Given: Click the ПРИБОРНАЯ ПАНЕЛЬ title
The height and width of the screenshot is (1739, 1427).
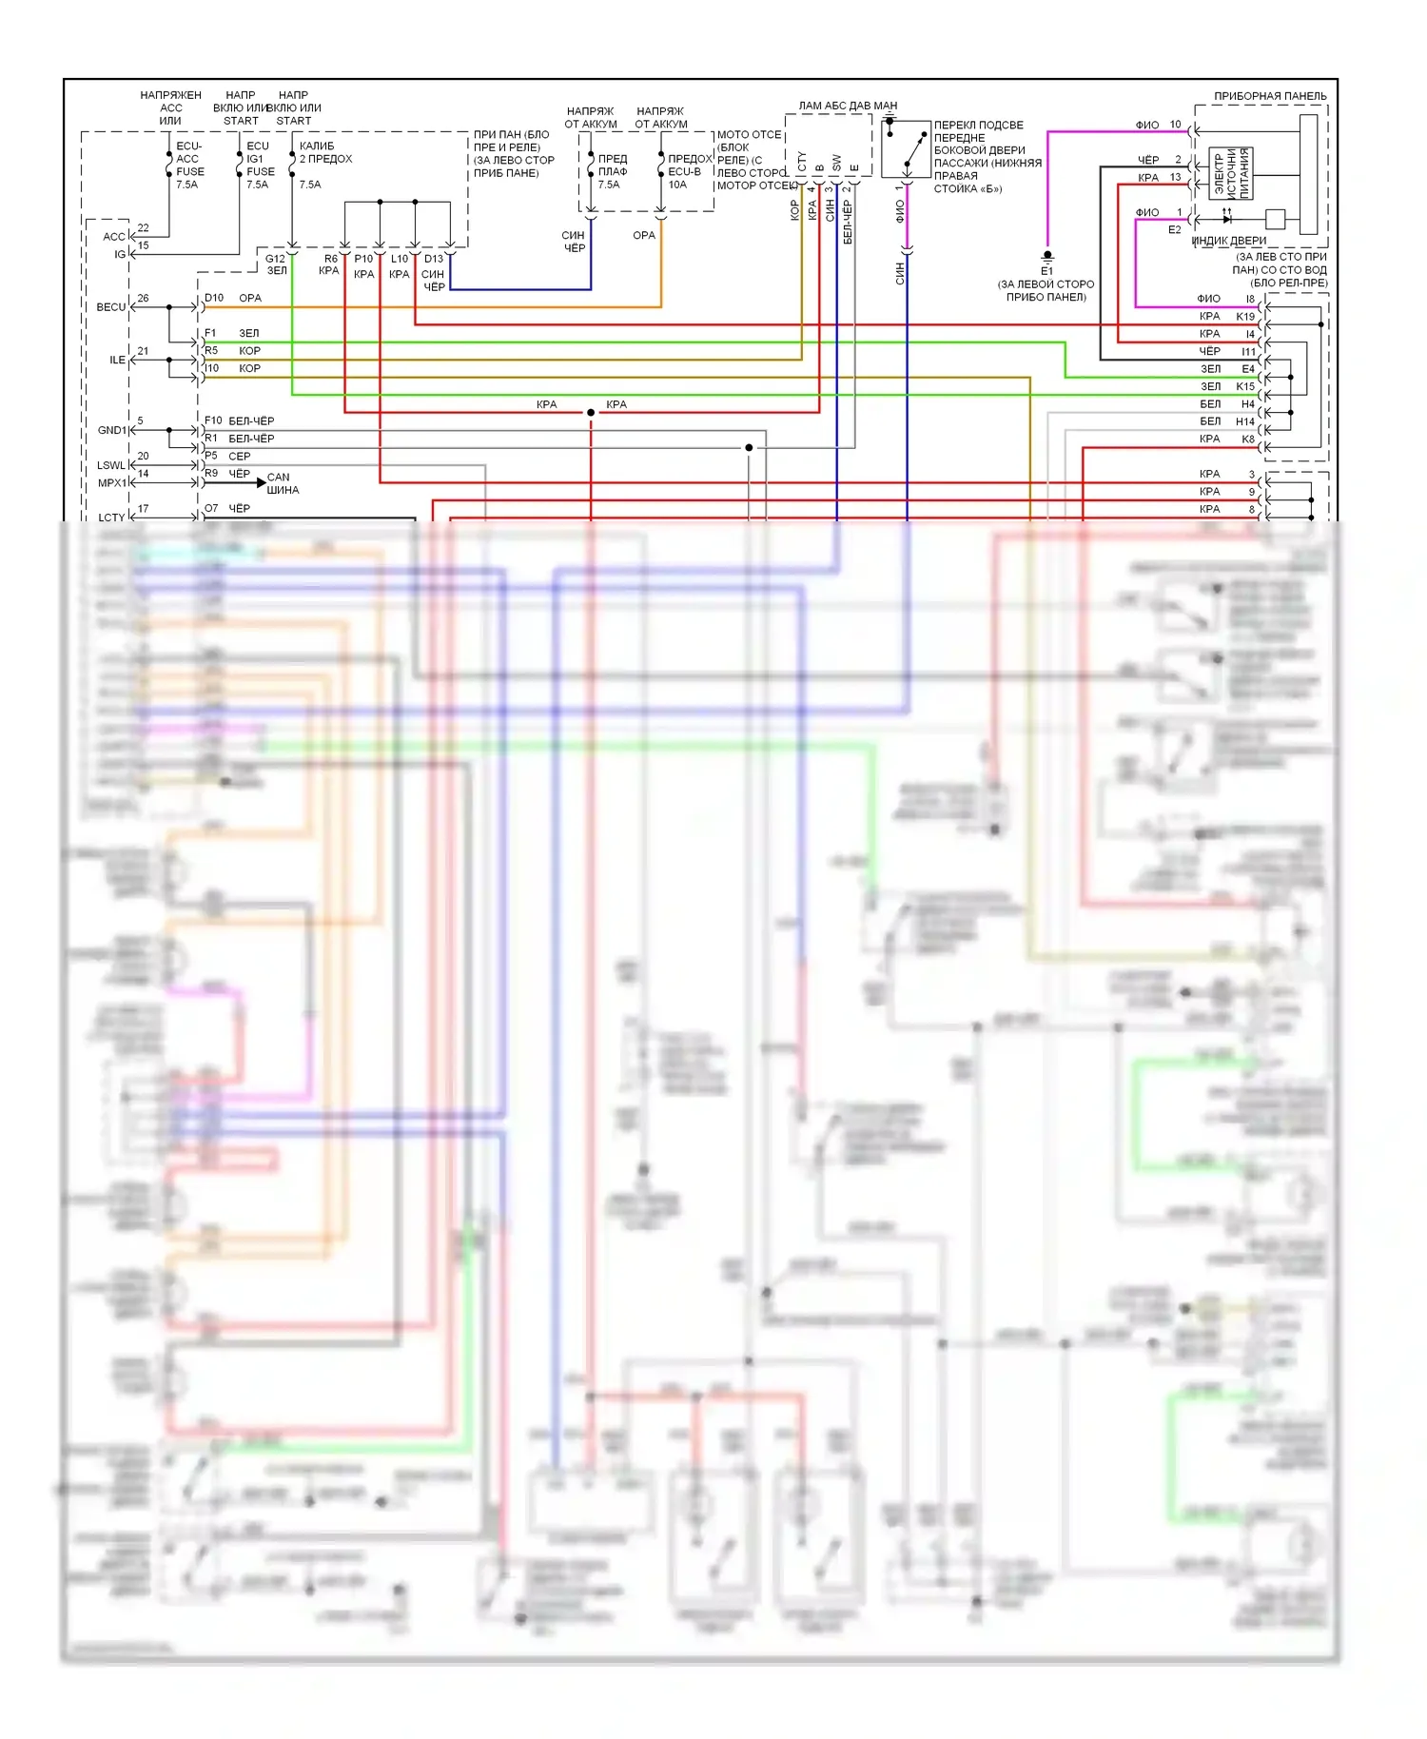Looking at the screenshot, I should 1269,96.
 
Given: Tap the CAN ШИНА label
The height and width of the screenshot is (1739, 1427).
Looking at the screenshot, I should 282,483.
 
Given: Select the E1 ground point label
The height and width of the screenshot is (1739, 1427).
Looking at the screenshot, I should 1046,271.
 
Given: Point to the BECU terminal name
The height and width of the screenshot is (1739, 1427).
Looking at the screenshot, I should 110,307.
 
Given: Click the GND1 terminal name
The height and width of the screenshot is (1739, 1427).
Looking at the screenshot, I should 111,430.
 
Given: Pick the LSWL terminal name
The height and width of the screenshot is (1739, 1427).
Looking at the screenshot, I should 110,465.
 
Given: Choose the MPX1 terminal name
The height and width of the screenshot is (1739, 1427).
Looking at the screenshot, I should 111,483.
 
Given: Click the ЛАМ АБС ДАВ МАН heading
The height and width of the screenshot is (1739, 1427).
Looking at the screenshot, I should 847,106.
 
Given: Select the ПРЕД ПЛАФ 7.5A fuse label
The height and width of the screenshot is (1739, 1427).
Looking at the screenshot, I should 611,172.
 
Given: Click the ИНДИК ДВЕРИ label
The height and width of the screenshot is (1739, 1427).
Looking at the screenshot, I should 1229,241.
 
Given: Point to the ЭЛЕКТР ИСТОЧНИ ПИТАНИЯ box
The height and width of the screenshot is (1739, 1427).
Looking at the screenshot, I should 1231,173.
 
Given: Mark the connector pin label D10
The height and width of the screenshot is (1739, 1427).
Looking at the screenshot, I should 214,298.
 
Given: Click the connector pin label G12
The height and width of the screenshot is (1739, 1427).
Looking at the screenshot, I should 275,259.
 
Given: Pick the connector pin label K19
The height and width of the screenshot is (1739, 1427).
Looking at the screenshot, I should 1245,316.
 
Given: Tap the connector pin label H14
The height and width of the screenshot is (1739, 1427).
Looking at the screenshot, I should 1245,421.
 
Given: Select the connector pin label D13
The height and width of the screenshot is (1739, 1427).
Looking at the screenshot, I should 434,259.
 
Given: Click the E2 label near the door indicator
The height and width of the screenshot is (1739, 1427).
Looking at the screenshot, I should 1174,229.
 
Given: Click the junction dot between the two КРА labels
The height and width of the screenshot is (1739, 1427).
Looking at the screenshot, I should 591,412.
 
